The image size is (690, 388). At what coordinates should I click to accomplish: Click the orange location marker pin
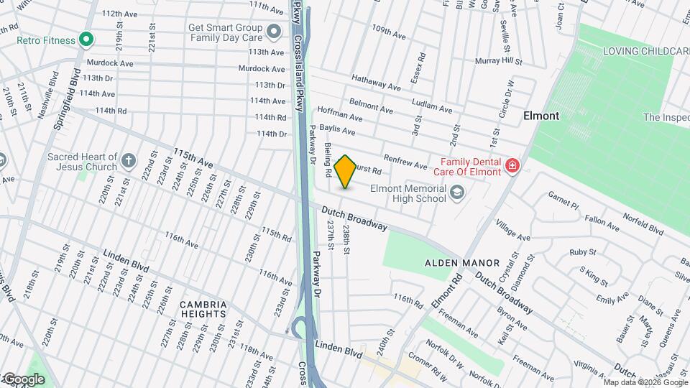click(346, 172)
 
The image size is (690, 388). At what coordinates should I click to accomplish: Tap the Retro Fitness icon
click(86, 39)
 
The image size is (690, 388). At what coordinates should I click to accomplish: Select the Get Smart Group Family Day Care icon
click(273, 32)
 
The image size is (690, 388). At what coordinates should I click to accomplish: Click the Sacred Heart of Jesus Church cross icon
click(129, 161)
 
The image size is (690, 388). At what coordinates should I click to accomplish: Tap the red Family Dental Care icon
click(512, 167)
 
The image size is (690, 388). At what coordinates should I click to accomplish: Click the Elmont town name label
click(541, 116)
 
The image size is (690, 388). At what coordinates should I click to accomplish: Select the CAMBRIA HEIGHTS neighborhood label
click(203, 309)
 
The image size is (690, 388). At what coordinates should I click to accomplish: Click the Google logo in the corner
click(23, 379)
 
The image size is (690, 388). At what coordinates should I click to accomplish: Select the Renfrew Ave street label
click(405, 163)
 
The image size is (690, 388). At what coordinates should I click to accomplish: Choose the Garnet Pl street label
click(563, 200)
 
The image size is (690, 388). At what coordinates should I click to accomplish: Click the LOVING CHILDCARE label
click(645, 51)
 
